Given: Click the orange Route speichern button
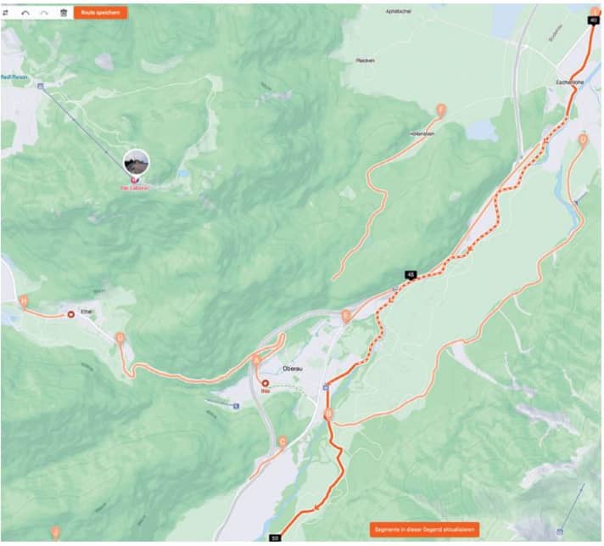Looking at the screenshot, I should [x=101, y=14].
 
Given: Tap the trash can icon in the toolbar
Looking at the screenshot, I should [x=63, y=14].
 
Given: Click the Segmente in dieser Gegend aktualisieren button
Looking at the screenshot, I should [x=425, y=529].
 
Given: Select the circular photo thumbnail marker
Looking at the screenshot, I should [x=136, y=161].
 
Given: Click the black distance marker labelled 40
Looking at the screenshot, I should [x=593, y=20].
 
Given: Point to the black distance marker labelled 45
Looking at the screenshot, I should [x=411, y=274].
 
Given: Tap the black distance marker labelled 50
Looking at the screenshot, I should [x=274, y=538].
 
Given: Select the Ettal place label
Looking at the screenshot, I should [x=86, y=312].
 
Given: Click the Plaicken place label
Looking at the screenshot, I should [x=366, y=61].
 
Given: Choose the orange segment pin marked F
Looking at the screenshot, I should [x=439, y=110].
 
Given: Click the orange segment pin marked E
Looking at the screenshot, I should [x=345, y=316].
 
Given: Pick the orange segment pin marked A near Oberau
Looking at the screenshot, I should [x=257, y=360].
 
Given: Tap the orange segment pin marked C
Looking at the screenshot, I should [x=282, y=442].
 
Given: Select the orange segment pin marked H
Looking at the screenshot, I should [x=24, y=301].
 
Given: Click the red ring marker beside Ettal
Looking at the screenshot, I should [x=70, y=313].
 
